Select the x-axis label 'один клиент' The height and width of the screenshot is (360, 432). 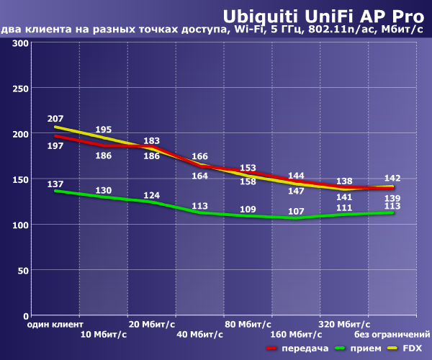coord(55,325)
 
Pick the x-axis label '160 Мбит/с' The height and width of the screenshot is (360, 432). coord(296,335)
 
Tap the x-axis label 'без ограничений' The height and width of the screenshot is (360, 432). coord(392,335)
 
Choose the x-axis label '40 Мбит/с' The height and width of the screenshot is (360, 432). coord(199,335)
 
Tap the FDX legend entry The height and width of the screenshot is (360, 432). coord(413,348)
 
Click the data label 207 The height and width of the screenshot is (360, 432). coord(55,118)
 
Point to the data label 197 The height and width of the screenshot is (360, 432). coord(55,146)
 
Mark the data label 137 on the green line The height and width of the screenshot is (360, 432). coord(55,184)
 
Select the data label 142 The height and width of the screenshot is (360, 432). coord(392,178)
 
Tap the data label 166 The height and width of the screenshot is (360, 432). coord(199,156)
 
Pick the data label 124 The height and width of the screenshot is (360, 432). coord(151,195)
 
